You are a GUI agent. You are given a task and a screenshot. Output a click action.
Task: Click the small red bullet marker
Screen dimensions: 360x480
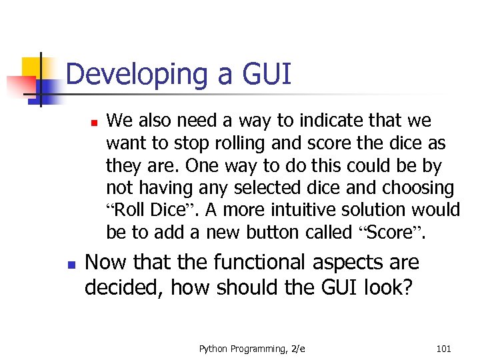(95, 123)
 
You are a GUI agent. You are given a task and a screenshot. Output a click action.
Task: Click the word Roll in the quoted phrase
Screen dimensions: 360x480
(130, 210)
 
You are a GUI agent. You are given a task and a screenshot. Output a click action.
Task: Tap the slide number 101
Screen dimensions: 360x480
(443, 347)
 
